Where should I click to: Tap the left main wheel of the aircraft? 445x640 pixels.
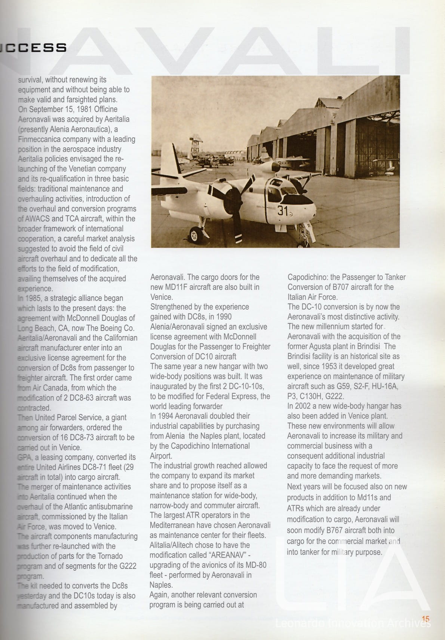194,235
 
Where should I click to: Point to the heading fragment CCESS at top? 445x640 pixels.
36,48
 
